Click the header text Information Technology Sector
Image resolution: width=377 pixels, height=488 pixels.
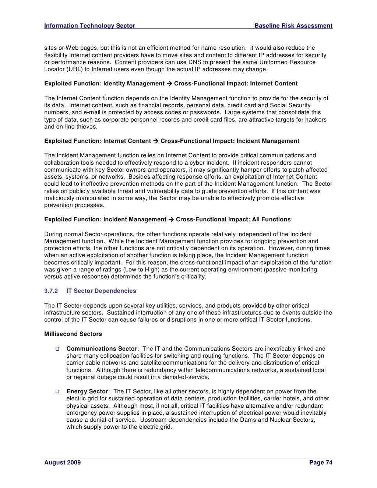[89, 26]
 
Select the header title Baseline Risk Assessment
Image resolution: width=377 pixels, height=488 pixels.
[293, 26]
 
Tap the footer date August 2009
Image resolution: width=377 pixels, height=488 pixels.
[62, 463]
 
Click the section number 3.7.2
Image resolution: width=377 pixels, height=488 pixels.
[51, 291]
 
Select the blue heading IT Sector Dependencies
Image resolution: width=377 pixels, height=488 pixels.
[101, 291]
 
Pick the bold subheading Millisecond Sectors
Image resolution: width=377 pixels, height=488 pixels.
[73, 334]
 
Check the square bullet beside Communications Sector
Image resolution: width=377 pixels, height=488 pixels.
[57, 349]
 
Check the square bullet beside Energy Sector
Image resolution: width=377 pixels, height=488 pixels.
[57, 392]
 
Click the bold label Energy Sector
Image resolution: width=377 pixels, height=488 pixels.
[87, 392]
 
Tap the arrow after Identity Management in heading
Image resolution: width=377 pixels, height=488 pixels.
[169, 84]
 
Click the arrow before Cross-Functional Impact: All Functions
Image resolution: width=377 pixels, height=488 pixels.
[171, 220]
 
